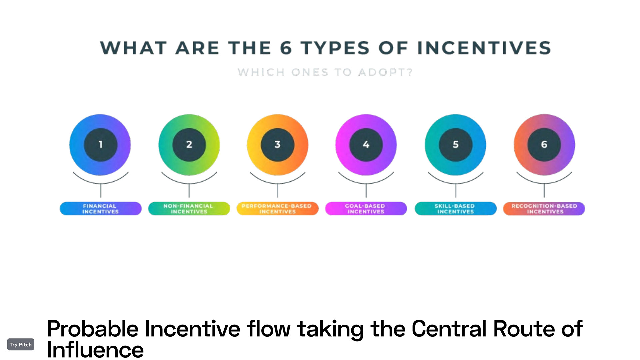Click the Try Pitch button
21,344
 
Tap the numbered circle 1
100,145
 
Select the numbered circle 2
189,145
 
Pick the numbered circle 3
277,145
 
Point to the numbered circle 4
366,145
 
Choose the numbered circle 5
455,145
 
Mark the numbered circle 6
544,145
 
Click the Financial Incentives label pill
101,209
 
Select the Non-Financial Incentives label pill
189,209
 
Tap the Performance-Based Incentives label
277,209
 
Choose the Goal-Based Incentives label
366,209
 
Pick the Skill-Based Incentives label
455,209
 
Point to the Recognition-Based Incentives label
544,209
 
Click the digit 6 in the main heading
286,48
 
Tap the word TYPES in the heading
335,48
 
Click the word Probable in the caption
93,329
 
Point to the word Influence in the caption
95,350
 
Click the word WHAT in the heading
133,48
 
